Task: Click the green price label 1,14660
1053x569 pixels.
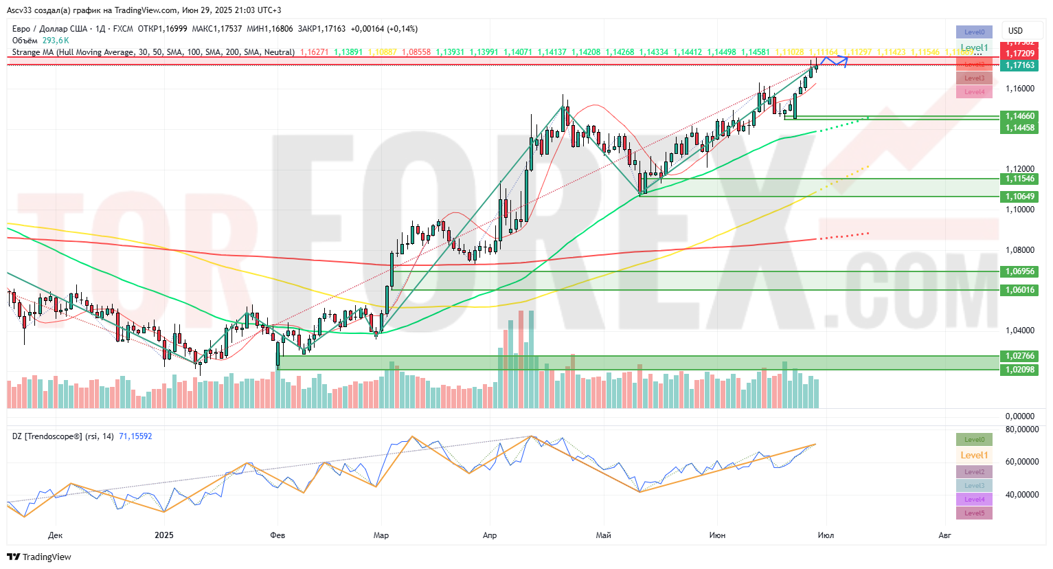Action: (x=1020, y=116)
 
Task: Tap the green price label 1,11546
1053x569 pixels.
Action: (x=1020, y=179)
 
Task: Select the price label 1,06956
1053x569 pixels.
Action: (x=1020, y=271)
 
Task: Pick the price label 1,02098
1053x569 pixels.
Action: (x=1020, y=370)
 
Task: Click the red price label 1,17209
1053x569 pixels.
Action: (x=1020, y=54)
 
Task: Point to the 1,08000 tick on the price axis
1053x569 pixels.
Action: (x=1020, y=250)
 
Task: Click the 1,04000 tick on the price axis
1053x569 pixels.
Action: (x=1020, y=331)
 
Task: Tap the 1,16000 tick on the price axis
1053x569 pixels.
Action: (x=1020, y=89)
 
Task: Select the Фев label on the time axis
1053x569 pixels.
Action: (x=278, y=535)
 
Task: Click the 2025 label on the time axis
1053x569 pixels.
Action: (x=164, y=535)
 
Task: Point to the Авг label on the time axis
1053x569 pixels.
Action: (x=945, y=535)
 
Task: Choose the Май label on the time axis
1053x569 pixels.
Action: (x=604, y=535)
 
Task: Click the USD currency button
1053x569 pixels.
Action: (x=1015, y=31)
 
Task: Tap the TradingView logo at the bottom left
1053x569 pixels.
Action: (x=40, y=557)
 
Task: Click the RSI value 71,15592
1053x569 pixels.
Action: (x=135, y=436)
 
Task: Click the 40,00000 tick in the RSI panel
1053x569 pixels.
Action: (x=1021, y=495)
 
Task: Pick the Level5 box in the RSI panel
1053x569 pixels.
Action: (x=974, y=513)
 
